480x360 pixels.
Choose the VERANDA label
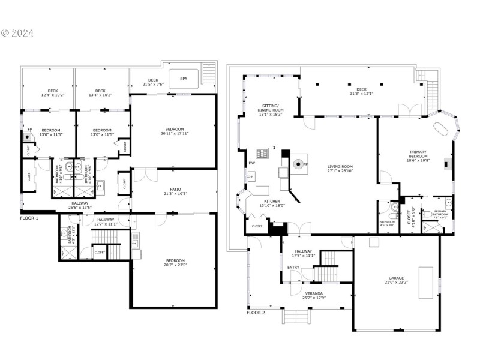[x=314, y=295]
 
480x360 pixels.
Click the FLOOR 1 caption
[x=29, y=218]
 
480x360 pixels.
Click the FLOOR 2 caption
[x=256, y=313]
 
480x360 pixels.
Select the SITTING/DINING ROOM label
[x=269, y=108]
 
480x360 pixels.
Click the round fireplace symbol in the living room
[x=298, y=163]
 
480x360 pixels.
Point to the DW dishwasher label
[x=251, y=163]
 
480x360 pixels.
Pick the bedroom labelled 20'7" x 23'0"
[x=175, y=263]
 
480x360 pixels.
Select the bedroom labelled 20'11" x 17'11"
[x=175, y=133]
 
